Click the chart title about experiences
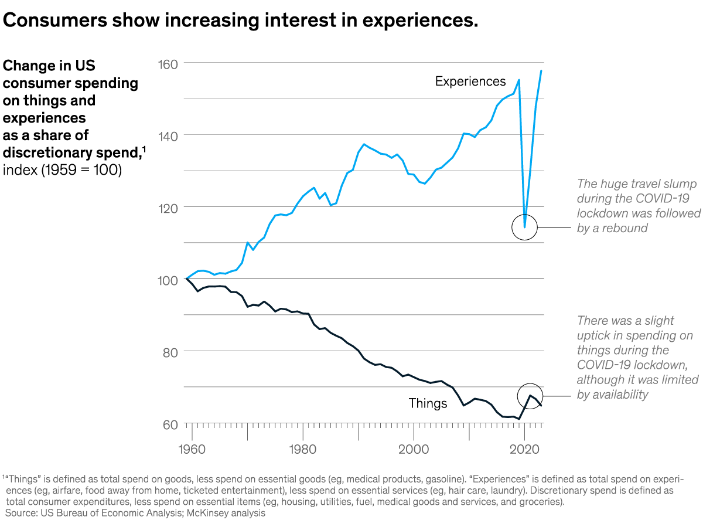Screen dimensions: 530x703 click(241, 21)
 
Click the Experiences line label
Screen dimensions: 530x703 click(470, 81)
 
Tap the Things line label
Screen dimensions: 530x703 click(428, 403)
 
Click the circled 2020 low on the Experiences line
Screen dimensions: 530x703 click(524, 227)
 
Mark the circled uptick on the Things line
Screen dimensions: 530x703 click(530, 396)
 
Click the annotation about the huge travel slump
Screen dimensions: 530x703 click(639, 206)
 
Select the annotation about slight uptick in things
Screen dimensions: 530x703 click(637, 358)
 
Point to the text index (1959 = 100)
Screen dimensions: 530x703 click(62, 171)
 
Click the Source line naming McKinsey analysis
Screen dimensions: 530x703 click(135, 514)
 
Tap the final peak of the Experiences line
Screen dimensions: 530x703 click(541, 71)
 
